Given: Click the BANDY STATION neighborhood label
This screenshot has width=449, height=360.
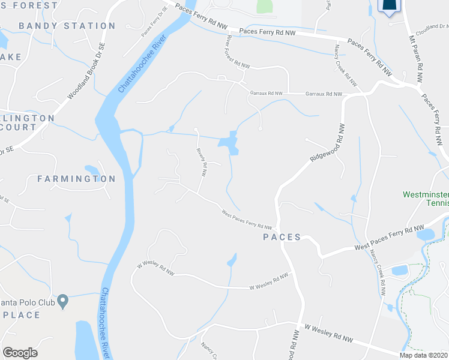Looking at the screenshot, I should click(67, 26).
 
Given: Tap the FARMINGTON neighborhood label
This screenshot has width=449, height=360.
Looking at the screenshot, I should click(76, 179).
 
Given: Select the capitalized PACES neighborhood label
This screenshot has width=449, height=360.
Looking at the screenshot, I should click(282, 237).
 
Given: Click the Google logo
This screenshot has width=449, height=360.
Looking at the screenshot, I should click(20, 353).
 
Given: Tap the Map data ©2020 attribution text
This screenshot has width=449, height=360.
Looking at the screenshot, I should click(423, 355).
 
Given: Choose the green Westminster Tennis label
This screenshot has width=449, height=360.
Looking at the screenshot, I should click(426, 199).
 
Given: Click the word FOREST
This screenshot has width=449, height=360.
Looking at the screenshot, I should click(37, 5).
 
